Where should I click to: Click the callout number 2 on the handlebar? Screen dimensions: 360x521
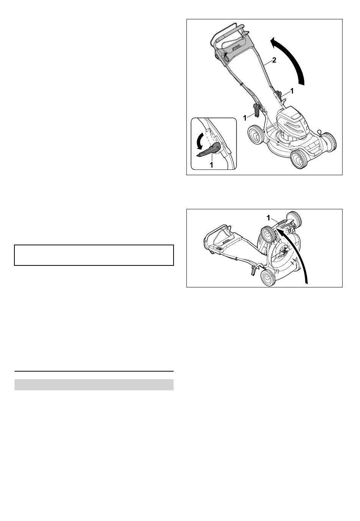click(274, 60)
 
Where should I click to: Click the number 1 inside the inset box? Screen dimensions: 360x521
click(211, 165)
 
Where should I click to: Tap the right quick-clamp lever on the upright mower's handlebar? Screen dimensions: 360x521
click(279, 95)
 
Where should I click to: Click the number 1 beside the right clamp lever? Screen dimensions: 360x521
click(292, 91)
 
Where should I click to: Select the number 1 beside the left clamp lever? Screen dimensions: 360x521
click(245, 118)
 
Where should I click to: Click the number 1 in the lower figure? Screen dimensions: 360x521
click(268, 218)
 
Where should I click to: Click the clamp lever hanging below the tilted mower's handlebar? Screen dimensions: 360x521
click(254, 271)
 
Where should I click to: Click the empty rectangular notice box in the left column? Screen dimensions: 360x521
click(94, 255)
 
